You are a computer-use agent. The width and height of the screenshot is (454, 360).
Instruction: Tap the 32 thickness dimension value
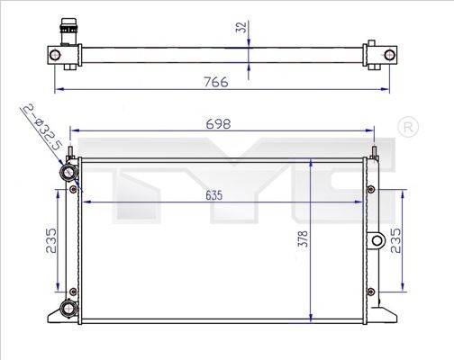[x=240, y=28]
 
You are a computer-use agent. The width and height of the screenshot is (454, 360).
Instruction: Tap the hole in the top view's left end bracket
[x=57, y=56]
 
